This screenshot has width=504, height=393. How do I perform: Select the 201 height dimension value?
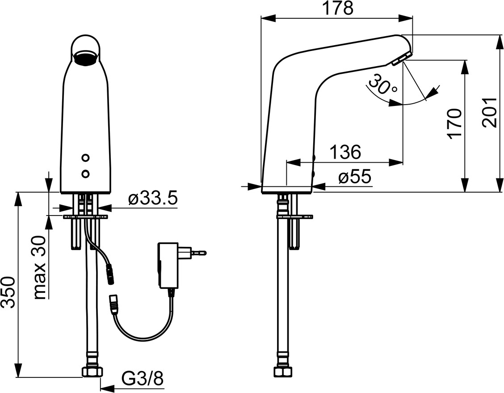pos(490,113)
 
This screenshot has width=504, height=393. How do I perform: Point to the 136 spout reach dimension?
pos(345,152)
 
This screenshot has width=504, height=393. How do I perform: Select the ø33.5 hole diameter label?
pos(153,199)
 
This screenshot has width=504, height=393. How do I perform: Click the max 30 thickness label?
pos(39,267)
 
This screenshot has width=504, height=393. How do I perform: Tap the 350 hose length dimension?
pos(8,292)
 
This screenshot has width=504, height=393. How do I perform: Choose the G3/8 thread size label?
pos(143,378)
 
